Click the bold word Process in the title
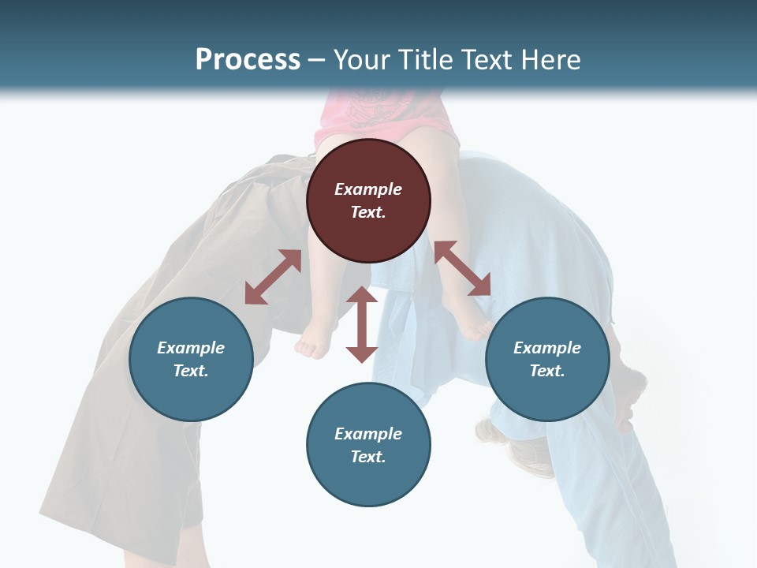coord(248,59)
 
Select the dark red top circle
coord(368,200)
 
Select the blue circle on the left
coord(191,359)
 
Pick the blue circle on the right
coord(547,359)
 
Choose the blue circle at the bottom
coord(368,445)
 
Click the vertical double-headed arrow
coord(362,324)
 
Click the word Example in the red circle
coord(368,189)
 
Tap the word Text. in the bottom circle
coord(368,457)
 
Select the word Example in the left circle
coord(191,348)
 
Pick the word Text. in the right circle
coord(547,371)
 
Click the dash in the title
coord(316,60)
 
